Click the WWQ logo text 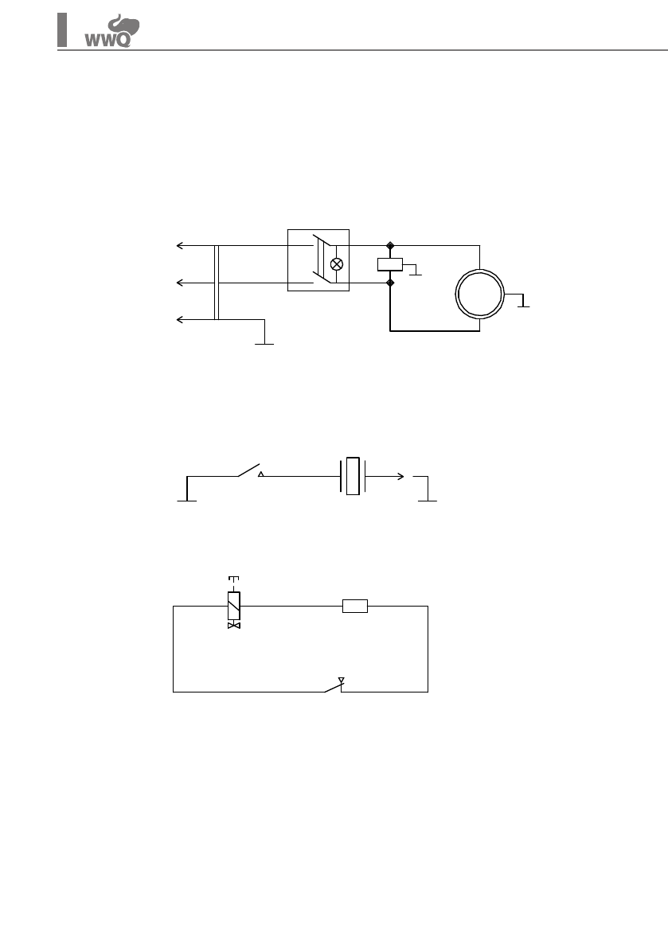tap(107, 41)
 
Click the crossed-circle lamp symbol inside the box tap(337, 264)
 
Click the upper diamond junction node tap(390, 245)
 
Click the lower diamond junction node tap(390, 283)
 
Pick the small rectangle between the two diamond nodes tap(390, 264)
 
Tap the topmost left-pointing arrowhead tap(180, 245)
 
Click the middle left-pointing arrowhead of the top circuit tap(180, 283)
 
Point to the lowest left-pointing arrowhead tap(180, 319)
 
